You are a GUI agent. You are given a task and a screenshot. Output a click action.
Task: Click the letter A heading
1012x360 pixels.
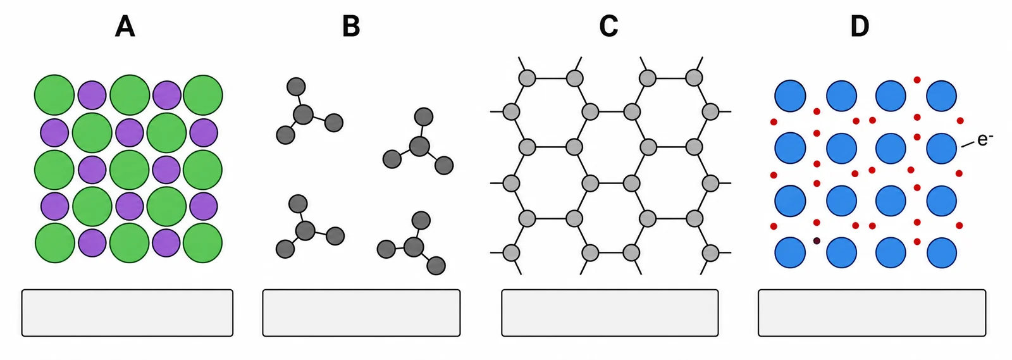click(125, 27)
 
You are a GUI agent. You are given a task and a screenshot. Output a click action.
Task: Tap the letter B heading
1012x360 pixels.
click(351, 27)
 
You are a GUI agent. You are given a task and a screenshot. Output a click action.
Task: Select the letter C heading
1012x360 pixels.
click(608, 27)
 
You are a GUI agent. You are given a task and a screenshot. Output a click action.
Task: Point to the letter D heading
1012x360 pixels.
click(860, 27)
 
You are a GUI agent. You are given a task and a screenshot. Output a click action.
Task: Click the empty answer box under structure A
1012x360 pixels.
click(127, 313)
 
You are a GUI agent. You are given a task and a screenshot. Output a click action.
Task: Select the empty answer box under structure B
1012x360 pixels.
click(361, 313)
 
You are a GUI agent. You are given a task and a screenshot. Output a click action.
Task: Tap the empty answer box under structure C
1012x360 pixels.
click(610, 313)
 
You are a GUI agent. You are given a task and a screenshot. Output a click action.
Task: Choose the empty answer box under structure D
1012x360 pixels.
click(872, 313)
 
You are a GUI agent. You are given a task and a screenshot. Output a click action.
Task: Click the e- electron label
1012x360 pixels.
click(985, 140)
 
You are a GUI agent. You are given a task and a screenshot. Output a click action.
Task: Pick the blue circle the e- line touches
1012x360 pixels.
click(942, 148)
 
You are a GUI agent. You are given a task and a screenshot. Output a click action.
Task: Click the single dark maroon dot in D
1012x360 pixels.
click(817, 241)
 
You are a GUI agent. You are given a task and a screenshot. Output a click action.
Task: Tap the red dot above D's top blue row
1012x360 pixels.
click(917, 80)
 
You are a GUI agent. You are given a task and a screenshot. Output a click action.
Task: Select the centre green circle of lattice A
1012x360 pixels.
click(129, 170)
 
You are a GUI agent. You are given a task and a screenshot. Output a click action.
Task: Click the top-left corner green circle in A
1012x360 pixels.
click(54, 95)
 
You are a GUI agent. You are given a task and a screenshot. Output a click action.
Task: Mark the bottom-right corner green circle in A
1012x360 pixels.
click(203, 243)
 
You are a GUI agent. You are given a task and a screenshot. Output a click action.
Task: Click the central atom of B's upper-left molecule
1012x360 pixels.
click(303, 115)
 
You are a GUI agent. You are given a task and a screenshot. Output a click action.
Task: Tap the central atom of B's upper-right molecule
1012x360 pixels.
click(420, 146)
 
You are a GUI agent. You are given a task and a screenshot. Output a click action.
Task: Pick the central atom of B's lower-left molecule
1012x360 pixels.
click(305, 231)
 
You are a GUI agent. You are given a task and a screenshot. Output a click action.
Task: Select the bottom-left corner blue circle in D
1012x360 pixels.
click(790, 252)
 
